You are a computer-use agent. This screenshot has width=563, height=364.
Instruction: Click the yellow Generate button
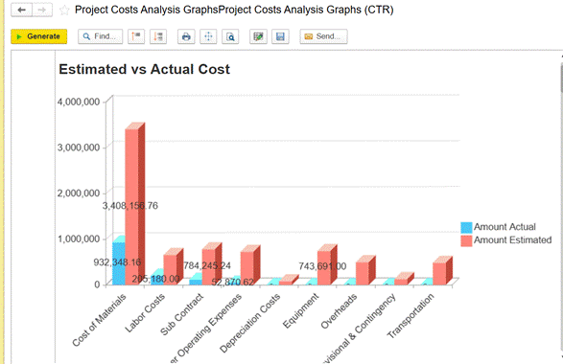pyautogui.click(x=38, y=36)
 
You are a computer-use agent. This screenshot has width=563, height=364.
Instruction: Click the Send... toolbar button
pyautogui.click(x=323, y=36)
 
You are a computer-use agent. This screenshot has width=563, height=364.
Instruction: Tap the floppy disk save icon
pyautogui.click(x=280, y=36)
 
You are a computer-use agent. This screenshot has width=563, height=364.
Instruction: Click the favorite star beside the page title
pyautogui.click(x=64, y=10)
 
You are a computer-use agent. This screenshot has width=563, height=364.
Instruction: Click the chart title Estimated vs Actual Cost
pyautogui.click(x=144, y=69)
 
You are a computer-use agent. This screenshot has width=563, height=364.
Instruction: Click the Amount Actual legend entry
pyautogui.click(x=504, y=227)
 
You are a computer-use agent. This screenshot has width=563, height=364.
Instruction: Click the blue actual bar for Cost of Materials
pyautogui.click(x=118, y=262)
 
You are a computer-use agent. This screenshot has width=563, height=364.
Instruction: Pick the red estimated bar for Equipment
pyautogui.click(x=325, y=266)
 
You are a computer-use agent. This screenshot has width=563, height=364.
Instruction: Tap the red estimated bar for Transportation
pyautogui.click(x=440, y=272)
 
